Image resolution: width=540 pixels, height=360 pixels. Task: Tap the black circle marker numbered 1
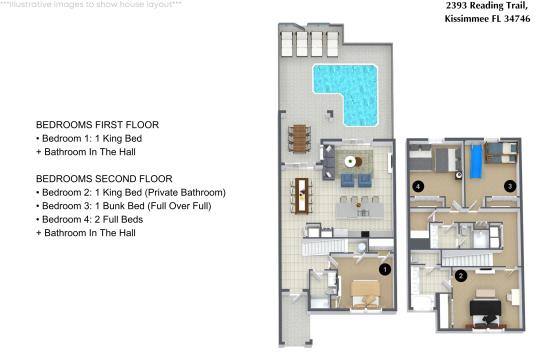point(384,268)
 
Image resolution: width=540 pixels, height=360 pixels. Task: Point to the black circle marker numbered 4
point(419,186)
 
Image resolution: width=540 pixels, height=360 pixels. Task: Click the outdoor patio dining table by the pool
point(300,136)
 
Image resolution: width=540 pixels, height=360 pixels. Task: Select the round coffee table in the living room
point(350,161)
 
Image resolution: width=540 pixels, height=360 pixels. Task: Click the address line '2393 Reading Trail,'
point(486,6)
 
